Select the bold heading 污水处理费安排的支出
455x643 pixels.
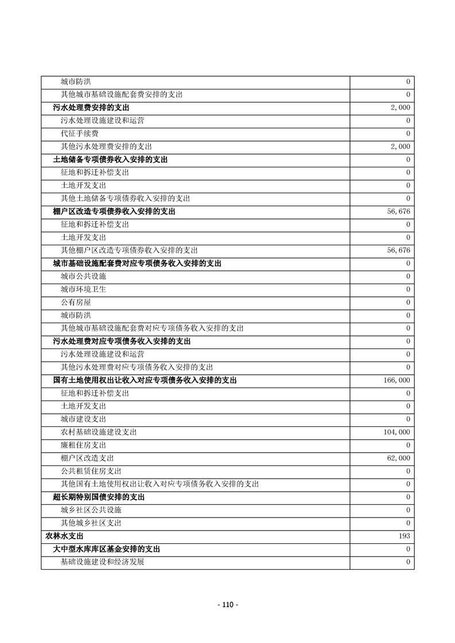[91, 108]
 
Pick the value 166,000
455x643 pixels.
[396, 380]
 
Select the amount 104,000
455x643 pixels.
[396, 432]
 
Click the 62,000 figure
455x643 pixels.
[398, 458]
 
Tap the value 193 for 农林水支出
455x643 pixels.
[404, 536]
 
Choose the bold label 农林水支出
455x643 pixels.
[64, 536]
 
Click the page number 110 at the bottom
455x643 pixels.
[228, 605]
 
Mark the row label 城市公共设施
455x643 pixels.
[83, 276]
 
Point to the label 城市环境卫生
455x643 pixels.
[83, 289]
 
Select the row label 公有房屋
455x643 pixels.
[76, 302]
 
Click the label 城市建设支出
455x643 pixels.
[83, 419]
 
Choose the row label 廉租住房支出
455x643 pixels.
[83, 445]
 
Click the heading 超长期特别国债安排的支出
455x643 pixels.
[99, 497]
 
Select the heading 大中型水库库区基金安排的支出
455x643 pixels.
[106, 549]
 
